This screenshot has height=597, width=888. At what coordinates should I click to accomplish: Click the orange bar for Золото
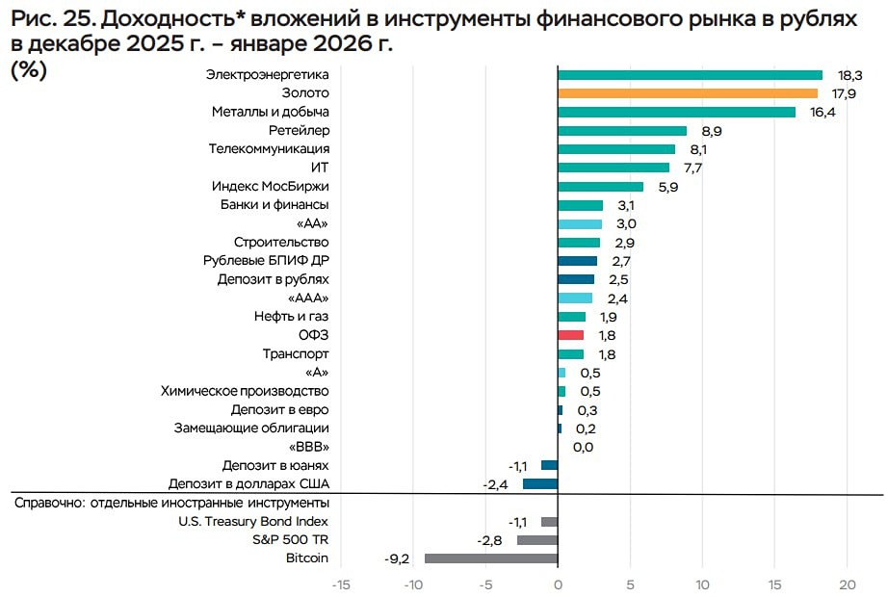pyautogui.click(x=688, y=93)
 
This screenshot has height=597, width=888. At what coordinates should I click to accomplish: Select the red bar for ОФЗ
pyautogui.click(x=571, y=335)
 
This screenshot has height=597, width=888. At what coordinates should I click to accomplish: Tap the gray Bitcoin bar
pyautogui.click(x=491, y=558)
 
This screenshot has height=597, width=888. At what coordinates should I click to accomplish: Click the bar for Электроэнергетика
pyautogui.click(x=690, y=75)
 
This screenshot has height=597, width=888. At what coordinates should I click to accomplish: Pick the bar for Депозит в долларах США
pyautogui.click(x=540, y=483)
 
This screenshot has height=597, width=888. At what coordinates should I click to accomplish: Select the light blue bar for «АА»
pyautogui.click(x=580, y=223)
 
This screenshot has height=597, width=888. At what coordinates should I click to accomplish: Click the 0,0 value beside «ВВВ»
pyautogui.click(x=583, y=447)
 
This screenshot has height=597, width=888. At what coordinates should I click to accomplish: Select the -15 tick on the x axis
pyautogui.click(x=340, y=584)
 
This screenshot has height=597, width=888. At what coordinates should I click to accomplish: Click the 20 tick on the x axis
pyautogui.click(x=848, y=584)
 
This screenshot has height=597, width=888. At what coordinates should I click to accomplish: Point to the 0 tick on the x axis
pyautogui.click(x=558, y=584)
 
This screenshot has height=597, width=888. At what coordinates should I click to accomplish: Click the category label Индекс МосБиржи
pyautogui.click(x=270, y=187)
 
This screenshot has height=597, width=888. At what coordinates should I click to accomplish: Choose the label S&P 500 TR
pyautogui.click(x=293, y=540)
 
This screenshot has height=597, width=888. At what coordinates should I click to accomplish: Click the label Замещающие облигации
pyautogui.click(x=251, y=428)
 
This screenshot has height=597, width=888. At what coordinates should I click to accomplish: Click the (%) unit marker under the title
pyautogui.click(x=28, y=70)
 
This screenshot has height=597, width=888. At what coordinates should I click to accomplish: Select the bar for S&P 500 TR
pyautogui.click(x=537, y=540)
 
